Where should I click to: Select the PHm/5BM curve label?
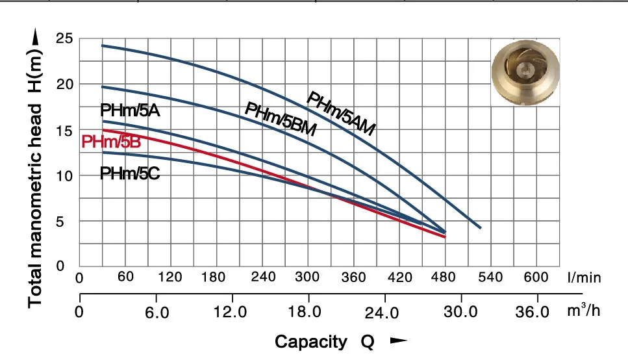[280, 120]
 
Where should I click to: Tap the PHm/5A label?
[130, 110]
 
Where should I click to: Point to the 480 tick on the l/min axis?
[446, 278]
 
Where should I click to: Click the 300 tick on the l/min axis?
[308, 278]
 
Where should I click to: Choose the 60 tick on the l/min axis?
[125, 277]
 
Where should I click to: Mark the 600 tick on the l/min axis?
[536, 277]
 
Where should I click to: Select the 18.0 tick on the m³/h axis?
[305, 311]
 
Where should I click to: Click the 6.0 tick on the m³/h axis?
[156, 312]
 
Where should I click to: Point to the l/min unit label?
[584, 278]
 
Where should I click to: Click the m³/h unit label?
[583, 311]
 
